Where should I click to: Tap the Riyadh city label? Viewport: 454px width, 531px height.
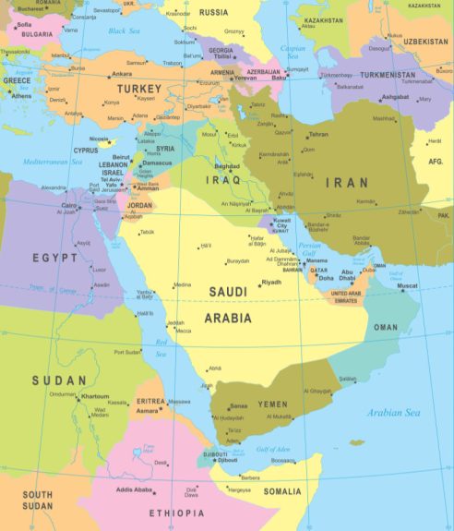[271, 282]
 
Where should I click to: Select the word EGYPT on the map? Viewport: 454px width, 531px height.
[54, 258]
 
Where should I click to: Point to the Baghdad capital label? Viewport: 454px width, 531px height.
[227, 166]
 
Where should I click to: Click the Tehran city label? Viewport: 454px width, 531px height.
[318, 135]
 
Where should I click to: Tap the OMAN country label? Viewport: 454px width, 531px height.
[386, 327]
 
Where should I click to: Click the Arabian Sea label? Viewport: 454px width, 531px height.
[394, 413]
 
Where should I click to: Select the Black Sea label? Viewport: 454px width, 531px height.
[123, 30]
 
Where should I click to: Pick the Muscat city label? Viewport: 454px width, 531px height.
[407, 286]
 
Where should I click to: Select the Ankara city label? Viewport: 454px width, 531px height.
[121, 74]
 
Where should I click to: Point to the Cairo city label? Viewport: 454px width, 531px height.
[69, 205]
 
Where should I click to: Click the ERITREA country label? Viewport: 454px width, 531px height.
[149, 402]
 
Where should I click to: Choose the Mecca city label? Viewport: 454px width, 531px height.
[184, 330]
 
